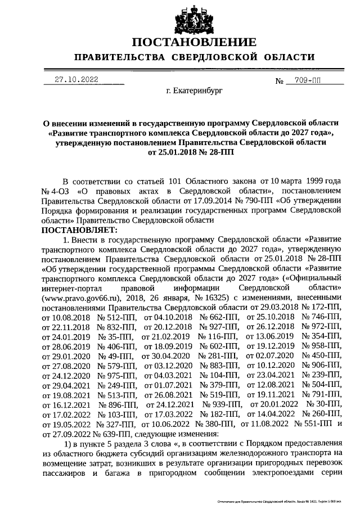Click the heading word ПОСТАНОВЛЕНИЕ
click(194, 43)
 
